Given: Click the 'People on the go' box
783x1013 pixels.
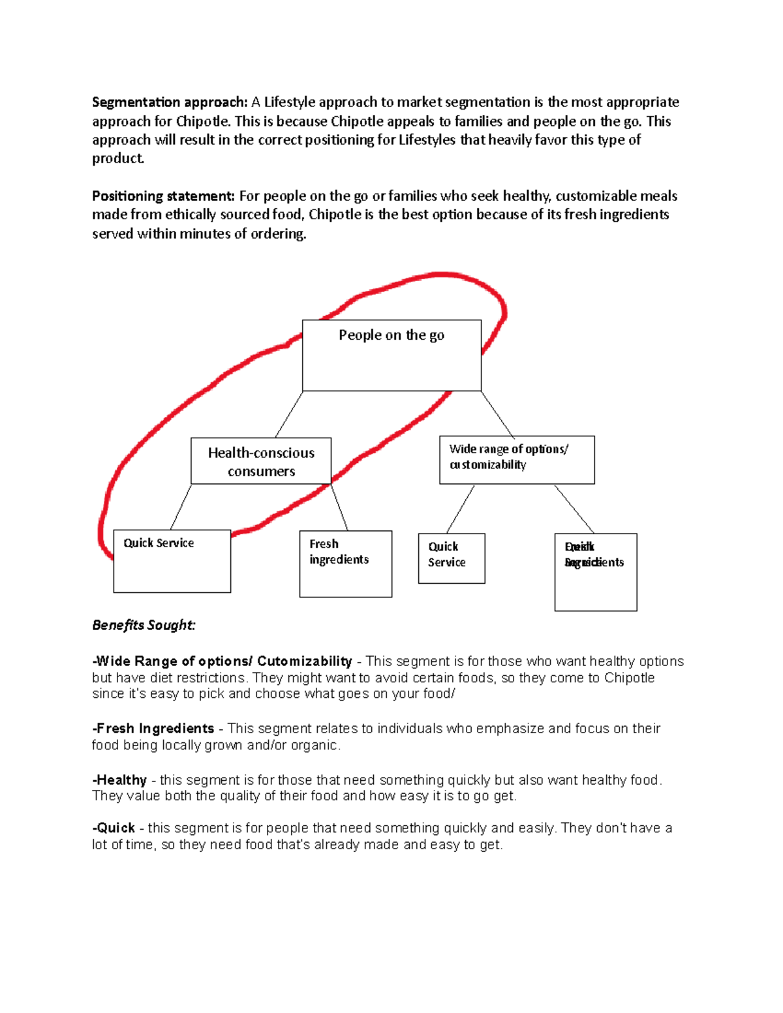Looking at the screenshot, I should tap(391, 355).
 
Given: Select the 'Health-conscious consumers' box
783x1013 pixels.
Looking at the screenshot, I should tap(261, 461).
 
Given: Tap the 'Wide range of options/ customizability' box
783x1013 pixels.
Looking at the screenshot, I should tap(517, 460).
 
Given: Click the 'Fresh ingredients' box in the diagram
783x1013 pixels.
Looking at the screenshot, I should tap(345, 564).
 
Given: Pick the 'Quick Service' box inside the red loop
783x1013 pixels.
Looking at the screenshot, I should tap(172, 561).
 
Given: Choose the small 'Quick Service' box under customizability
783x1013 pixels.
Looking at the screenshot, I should tap(452, 558).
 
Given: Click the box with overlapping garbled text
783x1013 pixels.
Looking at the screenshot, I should tap(595, 572).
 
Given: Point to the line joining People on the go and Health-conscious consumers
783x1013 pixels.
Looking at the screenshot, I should tap(289, 414).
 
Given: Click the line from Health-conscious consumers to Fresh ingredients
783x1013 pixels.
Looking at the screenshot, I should tap(339, 507).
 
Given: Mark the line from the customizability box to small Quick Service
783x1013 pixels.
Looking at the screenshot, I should tap(461, 509).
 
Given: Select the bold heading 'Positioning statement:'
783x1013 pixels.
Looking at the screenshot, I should tap(163, 196).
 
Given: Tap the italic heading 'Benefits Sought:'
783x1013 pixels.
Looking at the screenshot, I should tap(144, 625).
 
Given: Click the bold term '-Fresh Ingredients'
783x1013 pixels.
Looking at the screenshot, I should tap(153, 729).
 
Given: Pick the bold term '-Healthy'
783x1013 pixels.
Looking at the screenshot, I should tap(119, 780).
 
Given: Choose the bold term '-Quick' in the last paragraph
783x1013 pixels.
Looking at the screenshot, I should tap(114, 828).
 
